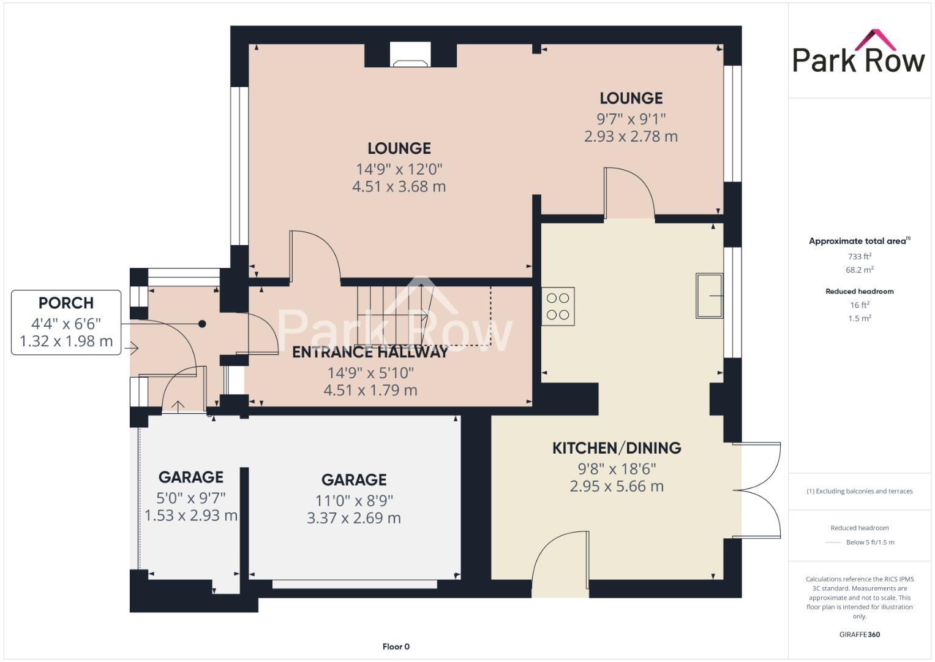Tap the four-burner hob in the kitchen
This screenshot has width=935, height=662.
click(x=558, y=306)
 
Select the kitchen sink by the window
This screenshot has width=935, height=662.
click(x=709, y=296)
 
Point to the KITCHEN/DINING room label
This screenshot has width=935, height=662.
click(x=617, y=448)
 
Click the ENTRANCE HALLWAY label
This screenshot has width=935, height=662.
click(x=370, y=352)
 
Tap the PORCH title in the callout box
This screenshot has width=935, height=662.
click(x=66, y=303)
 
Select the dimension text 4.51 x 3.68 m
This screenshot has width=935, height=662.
click(x=399, y=186)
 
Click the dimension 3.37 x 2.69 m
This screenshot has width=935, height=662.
click(x=354, y=518)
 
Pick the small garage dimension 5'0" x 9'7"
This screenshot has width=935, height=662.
click(x=191, y=497)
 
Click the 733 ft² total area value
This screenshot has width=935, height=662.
click(x=860, y=256)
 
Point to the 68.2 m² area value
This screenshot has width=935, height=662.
click(x=860, y=270)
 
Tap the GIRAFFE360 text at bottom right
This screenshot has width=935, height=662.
click(x=860, y=634)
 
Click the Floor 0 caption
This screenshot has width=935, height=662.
click(x=396, y=647)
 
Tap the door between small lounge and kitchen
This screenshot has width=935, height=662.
click(x=629, y=193)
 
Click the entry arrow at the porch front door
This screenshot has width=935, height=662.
click(x=132, y=349)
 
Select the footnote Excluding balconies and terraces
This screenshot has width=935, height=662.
click(x=860, y=491)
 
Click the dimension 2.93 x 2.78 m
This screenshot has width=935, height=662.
click(x=631, y=136)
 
